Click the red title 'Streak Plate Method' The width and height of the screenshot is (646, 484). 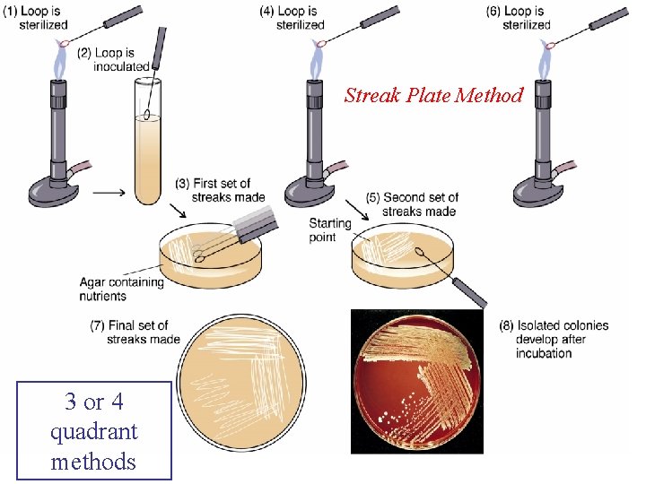click(433, 95)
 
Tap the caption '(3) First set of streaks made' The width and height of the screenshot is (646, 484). click(219, 190)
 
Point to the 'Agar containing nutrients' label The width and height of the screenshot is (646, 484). click(120, 289)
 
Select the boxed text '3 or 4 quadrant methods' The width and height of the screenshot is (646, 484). click(93, 431)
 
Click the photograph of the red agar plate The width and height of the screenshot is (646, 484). click(416, 381)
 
